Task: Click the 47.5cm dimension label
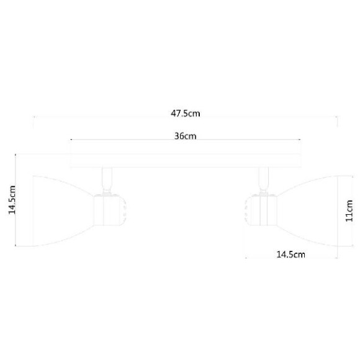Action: (185, 113)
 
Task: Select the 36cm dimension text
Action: (185, 136)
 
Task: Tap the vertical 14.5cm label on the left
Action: (12, 200)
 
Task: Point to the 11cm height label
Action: (349, 215)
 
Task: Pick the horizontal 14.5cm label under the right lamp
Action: (289, 254)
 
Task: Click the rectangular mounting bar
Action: (186, 160)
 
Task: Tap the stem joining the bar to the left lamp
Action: (107, 181)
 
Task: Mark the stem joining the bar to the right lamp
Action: (264, 181)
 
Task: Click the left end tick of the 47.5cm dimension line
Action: (34, 119)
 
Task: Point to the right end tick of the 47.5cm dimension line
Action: (337, 119)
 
